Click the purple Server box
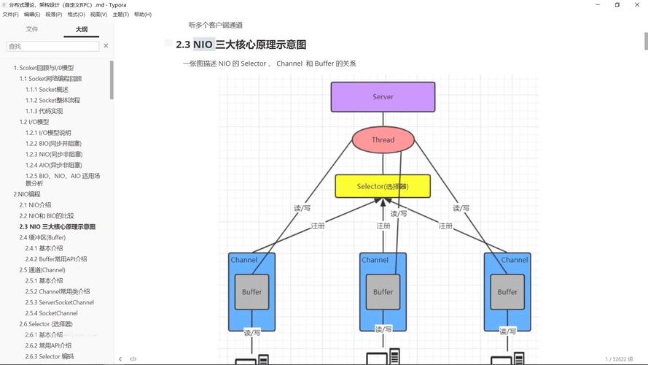pos(383,96)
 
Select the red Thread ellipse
pos(383,139)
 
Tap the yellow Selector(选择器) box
pos(383,186)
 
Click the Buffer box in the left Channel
pos(251,292)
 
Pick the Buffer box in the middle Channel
pos(383,292)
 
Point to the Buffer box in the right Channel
pos(507,292)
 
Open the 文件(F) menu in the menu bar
pos(10,15)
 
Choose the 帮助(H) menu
pos(143,15)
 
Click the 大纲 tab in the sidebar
pos(82,29)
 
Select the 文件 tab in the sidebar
pos(32,29)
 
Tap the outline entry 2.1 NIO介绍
pos(35,205)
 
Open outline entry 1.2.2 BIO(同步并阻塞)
pos(54,144)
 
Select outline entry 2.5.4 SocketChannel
pos(58,313)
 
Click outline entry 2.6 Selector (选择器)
pos(46,324)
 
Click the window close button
pos(638,4)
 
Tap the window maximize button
pos(617,4)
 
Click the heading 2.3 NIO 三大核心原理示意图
pos(241,45)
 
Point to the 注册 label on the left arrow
pos(318,226)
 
